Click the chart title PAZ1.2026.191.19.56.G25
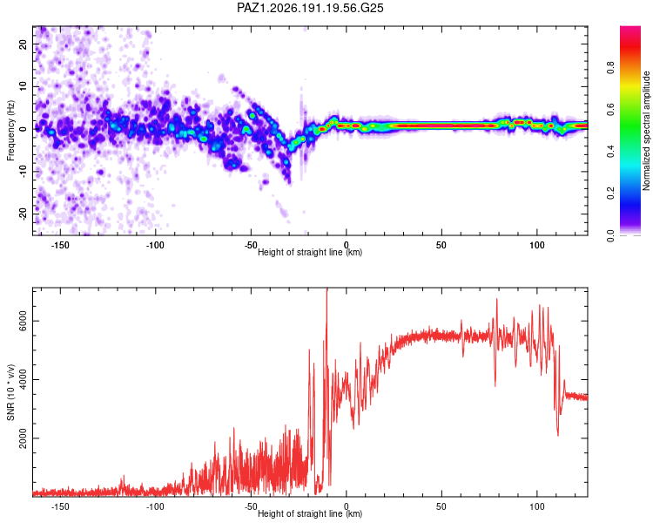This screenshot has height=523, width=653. tap(310, 8)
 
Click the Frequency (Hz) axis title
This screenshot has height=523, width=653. tap(10, 131)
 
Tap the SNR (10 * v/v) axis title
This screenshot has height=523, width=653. tap(10, 392)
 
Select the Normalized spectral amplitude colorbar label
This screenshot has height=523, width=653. tap(646, 131)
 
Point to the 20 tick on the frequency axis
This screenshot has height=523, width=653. tap(23, 44)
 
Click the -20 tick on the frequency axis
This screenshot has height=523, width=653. tap(23, 214)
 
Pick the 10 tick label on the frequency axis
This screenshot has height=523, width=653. tap(23, 86)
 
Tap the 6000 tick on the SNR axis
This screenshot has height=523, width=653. tap(23, 321)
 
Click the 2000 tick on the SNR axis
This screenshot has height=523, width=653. tap(23, 438)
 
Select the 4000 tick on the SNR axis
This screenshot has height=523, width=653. tap(23, 379)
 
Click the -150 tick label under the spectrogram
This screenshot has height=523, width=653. tap(60, 245)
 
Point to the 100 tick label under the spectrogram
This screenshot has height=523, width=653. tap(537, 245)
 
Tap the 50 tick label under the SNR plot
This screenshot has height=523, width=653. tap(441, 506)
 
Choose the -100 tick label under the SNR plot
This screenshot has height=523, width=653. tap(155, 506)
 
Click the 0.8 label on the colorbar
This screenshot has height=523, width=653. tap(610, 67)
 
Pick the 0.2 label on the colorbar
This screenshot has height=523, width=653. tap(610, 194)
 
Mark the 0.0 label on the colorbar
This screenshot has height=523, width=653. tap(610, 235)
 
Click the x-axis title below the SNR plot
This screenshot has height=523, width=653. tap(310, 513)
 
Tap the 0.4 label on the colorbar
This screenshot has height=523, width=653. tap(610, 151)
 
